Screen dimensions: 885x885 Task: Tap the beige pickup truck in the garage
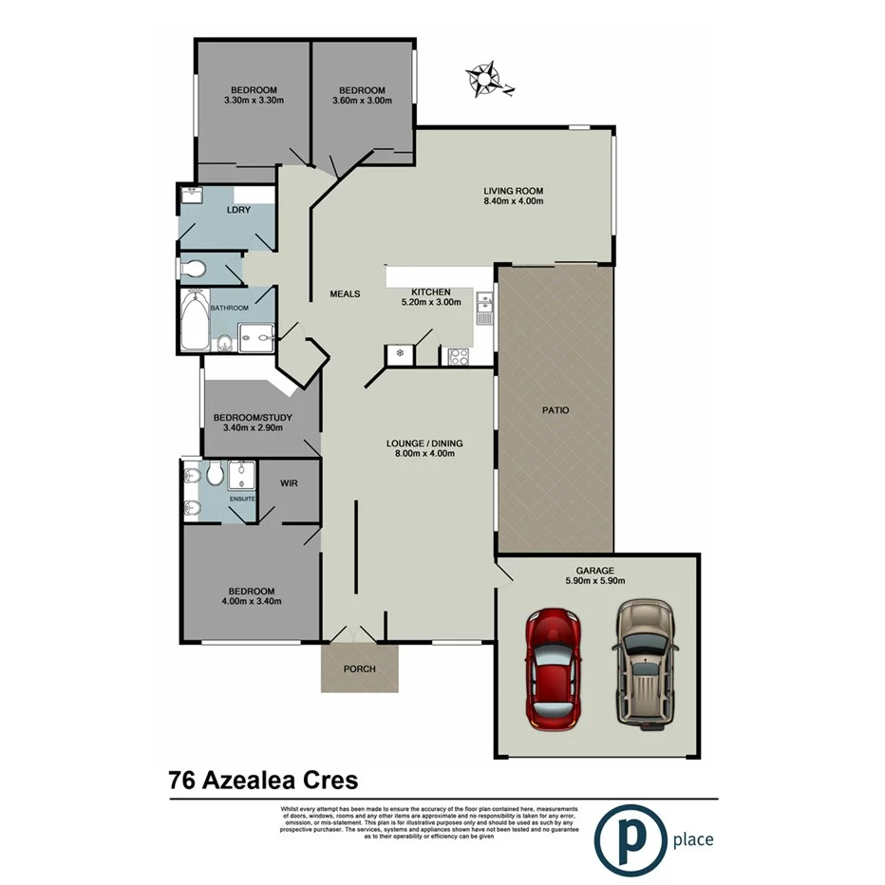coord(645,663)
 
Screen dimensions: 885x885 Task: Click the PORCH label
coord(359,668)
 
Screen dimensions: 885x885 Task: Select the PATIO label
coord(555,411)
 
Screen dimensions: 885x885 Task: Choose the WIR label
coord(290,483)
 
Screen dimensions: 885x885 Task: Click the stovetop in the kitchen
coord(459,357)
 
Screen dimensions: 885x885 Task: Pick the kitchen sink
coord(483,308)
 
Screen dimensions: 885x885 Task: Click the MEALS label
coord(345,294)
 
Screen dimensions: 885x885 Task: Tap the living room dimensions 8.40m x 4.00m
coord(513,201)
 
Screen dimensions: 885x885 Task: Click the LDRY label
coord(238,210)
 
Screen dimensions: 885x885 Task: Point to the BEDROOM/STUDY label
coord(253,418)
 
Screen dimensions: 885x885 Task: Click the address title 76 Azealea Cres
coord(263,781)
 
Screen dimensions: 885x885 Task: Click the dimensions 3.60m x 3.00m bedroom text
coord(362,101)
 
